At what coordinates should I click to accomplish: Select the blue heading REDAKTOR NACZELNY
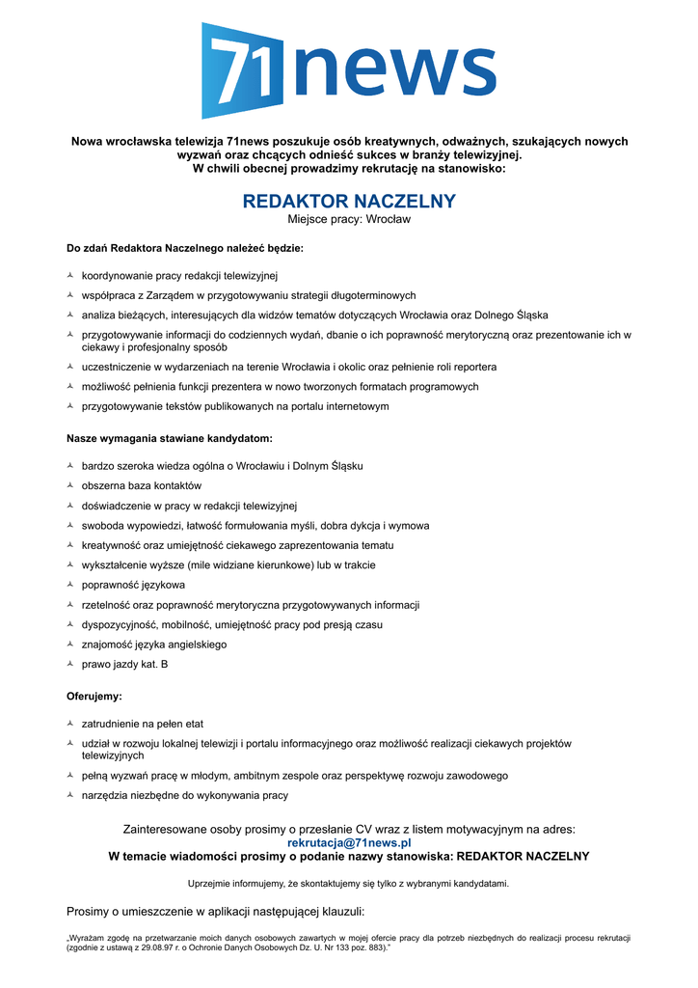tap(349, 202)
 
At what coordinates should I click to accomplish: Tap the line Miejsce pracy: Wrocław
tap(349, 219)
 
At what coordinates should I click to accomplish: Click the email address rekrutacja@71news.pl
tap(349, 842)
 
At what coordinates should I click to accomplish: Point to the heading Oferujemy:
tap(94, 696)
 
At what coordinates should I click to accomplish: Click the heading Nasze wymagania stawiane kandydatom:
tap(170, 438)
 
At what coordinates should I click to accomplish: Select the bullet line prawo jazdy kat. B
tap(124, 664)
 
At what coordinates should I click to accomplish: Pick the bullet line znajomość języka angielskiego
tap(154, 645)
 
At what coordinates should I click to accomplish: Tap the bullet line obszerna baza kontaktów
tap(142, 485)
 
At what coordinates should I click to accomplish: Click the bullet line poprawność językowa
tap(133, 585)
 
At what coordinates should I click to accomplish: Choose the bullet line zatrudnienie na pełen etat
tap(142, 724)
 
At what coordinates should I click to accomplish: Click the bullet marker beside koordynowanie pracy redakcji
tap(70, 276)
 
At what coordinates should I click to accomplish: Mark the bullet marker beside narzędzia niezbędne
tap(70, 796)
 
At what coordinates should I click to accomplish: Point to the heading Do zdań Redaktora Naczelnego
tap(185, 248)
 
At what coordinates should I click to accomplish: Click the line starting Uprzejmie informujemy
tap(349, 883)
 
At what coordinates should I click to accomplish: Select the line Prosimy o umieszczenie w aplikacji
tap(215, 911)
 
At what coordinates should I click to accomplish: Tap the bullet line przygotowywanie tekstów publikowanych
tap(235, 406)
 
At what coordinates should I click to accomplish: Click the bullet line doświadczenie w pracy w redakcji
tap(189, 506)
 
